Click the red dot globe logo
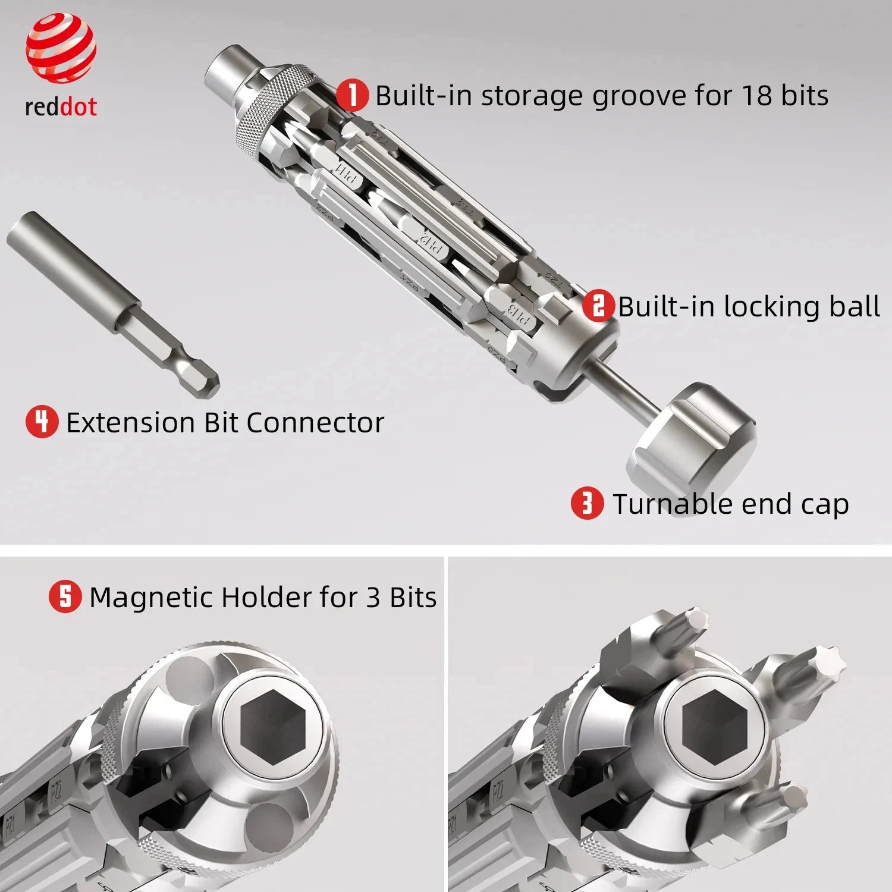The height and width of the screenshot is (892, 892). click(61, 48)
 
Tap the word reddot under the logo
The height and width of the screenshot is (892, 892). click(61, 107)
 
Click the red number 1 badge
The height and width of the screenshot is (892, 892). click(352, 95)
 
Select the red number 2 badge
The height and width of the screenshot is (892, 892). click(598, 306)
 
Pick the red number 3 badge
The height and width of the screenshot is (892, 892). click(587, 503)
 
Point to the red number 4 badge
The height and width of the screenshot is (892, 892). click(42, 422)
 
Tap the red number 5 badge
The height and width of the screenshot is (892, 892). click(65, 596)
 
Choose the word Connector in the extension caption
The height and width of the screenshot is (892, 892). click(315, 423)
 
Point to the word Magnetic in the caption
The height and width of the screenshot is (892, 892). click(152, 597)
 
